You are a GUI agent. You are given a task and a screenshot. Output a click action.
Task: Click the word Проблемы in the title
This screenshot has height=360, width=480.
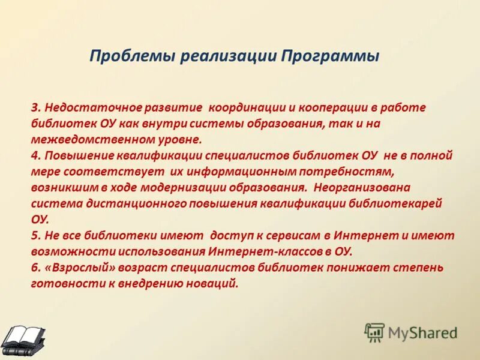124,56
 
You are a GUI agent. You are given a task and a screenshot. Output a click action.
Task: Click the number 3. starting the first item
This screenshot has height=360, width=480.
35,107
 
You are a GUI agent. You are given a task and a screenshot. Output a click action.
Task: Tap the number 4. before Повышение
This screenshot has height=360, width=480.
35,155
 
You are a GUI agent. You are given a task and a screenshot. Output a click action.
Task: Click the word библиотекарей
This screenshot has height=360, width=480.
395,203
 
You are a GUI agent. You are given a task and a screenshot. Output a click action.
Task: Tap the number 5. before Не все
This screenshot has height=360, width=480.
35,235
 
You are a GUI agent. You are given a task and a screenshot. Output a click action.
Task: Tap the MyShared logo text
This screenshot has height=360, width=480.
422,332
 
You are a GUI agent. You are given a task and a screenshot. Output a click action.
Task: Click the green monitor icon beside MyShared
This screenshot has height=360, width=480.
374,332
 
